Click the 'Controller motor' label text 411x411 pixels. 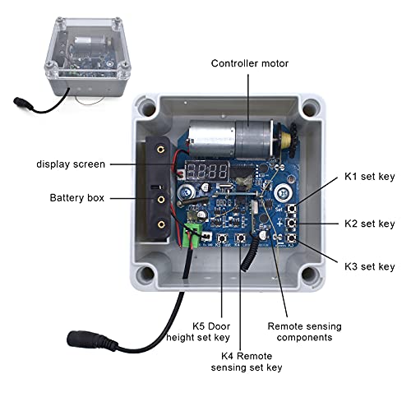[x=250, y=63]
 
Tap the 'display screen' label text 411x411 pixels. [x=71, y=164]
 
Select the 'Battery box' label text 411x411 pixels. [x=77, y=198]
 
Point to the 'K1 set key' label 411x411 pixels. [x=370, y=177]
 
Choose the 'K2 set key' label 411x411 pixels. [x=370, y=224]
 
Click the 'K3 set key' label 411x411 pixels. [x=370, y=266]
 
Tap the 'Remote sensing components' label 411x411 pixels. [x=304, y=332]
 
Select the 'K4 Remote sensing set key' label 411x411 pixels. [x=247, y=362]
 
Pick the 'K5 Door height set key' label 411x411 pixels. [x=198, y=332]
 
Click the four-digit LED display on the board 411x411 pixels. [x=207, y=171]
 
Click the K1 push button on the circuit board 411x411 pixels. [x=291, y=209]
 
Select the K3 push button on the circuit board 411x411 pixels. [x=291, y=238]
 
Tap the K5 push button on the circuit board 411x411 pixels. [x=222, y=238]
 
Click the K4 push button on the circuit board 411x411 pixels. [x=240, y=238]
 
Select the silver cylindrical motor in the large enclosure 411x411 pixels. [x=230, y=140]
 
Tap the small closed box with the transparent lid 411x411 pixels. [x=87, y=57]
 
